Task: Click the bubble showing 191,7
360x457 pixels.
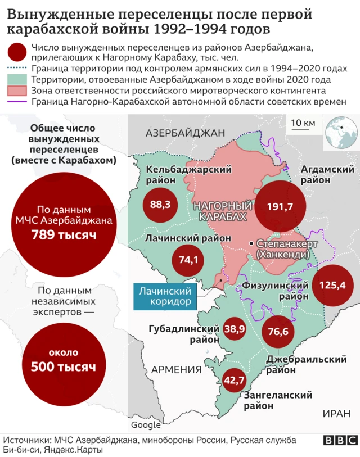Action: (x=280, y=207)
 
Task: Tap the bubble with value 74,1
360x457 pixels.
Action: (x=188, y=260)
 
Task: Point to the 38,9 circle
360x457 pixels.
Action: (x=234, y=328)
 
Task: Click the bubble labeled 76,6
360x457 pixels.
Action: (x=278, y=332)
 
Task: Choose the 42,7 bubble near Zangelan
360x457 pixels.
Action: (x=234, y=380)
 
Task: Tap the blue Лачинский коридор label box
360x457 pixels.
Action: (x=168, y=296)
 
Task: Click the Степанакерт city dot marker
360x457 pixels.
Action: (x=251, y=243)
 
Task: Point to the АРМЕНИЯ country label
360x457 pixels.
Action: (x=176, y=369)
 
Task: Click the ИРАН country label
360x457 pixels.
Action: (x=336, y=414)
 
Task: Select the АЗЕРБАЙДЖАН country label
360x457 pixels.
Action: (x=185, y=133)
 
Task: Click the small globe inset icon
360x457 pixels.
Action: (x=341, y=133)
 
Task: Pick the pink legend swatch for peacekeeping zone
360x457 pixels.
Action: (x=17, y=91)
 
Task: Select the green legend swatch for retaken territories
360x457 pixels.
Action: (x=17, y=80)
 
